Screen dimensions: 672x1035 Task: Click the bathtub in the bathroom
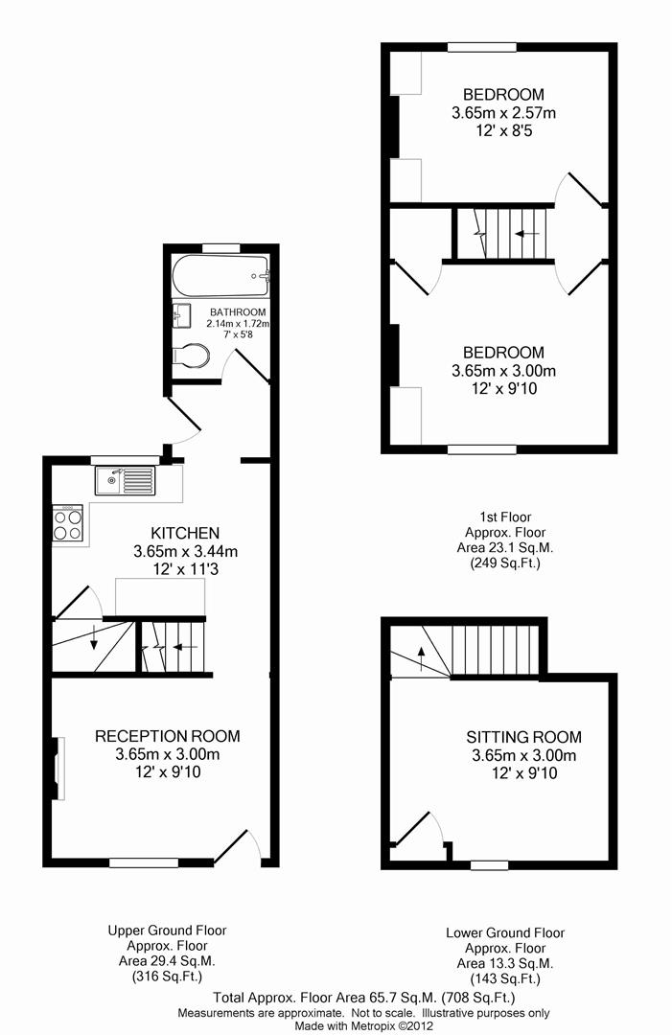(x=221, y=276)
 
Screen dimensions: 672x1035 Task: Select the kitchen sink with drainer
(x=125, y=480)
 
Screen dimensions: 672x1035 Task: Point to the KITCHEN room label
(x=185, y=534)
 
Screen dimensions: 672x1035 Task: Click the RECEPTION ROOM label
(x=168, y=736)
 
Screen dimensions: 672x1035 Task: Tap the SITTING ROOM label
(x=524, y=737)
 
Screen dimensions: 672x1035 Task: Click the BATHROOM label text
(x=238, y=312)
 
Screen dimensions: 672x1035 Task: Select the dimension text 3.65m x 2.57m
(x=503, y=113)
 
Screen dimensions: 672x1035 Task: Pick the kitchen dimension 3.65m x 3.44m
(x=185, y=551)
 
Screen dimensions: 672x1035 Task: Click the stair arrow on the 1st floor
(x=527, y=234)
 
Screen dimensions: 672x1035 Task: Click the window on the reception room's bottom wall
(x=144, y=862)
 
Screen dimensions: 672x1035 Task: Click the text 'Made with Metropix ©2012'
(x=363, y=1025)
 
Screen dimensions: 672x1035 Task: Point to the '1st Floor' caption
(x=505, y=517)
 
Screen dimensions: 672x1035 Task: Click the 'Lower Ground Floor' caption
(x=505, y=932)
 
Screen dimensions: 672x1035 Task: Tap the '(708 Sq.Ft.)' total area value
(x=478, y=998)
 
